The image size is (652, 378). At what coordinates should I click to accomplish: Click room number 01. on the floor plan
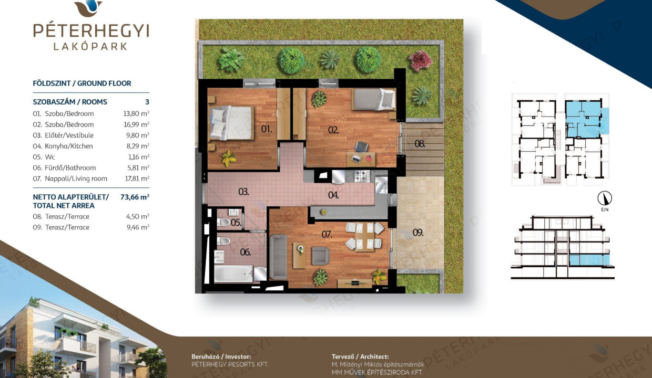267,129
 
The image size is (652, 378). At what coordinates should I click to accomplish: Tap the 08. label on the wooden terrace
420,143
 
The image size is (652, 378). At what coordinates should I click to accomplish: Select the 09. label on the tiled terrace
418,233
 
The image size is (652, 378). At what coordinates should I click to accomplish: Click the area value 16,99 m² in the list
136,124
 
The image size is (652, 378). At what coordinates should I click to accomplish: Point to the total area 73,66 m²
135,197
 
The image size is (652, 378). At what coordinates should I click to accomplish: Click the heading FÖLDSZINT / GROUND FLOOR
82,83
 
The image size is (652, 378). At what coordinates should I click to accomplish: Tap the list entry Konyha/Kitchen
69,146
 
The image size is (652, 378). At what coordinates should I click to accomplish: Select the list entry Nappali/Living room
76,178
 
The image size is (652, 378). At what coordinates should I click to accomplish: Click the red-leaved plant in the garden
420,61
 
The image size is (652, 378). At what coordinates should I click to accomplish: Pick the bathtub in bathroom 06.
233,274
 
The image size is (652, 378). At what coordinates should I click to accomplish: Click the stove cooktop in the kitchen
362,176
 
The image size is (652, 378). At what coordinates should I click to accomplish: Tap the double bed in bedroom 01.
231,123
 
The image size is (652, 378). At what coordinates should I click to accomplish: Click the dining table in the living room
364,236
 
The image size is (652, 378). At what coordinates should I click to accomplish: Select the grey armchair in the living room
320,256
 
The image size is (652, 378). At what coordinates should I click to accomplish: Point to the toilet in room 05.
223,223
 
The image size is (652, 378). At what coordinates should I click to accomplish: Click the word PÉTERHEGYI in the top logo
91,30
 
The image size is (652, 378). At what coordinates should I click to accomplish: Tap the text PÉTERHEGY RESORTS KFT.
230,364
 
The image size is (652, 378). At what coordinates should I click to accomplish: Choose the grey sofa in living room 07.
279,257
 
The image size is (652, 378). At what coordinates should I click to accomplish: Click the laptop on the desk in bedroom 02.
355,159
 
